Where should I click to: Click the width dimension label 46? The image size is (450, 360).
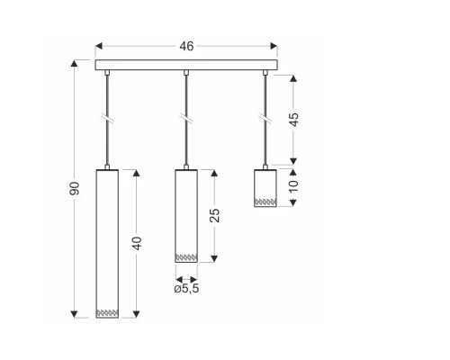click(x=186, y=46)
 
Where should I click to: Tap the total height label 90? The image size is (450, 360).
click(x=75, y=188)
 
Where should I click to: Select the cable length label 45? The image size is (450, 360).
click(x=294, y=120)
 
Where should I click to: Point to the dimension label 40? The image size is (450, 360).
click(x=137, y=243)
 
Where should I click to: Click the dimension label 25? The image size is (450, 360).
click(x=214, y=215)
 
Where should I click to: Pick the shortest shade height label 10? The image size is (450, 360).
click(x=294, y=185)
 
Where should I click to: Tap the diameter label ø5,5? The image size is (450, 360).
click(x=186, y=289)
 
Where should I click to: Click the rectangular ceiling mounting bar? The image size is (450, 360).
click(x=186, y=65)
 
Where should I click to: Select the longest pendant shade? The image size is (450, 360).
click(x=107, y=244)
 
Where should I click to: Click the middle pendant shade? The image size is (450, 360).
click(x=186, y=216)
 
